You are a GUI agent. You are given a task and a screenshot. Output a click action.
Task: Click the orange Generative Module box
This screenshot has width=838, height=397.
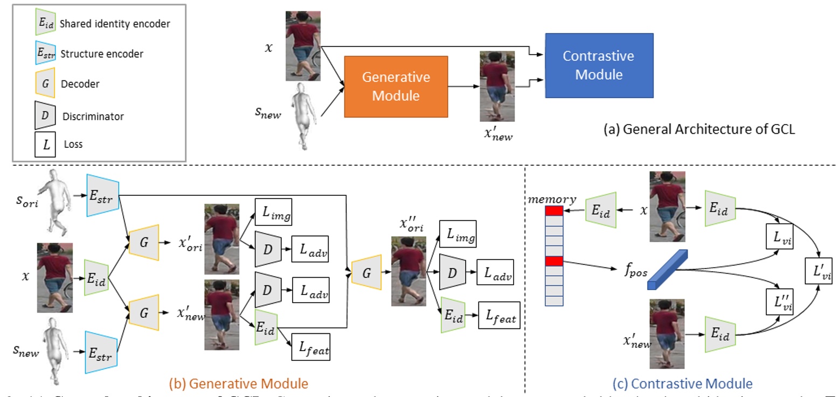pyautogui.click(x=396, y=86)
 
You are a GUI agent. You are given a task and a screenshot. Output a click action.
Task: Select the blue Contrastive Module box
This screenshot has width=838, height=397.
pyautogui.click(x=599, y=65)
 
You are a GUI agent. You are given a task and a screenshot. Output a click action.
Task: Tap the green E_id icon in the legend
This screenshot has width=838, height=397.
pyautogui.click(x=44, y=24)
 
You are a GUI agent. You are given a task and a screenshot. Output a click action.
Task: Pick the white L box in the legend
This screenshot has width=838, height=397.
pyautogui.click(x=45, y=144)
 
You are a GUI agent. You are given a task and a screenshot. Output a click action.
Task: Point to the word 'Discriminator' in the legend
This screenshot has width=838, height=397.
pyautogui.click(x=93, y=116)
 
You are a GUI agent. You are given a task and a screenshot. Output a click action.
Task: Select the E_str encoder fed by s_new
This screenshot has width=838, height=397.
pyautogui.click(x=101, y=351)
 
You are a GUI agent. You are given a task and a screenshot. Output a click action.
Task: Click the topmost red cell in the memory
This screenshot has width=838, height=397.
pyautogui.click(x=554, y=211)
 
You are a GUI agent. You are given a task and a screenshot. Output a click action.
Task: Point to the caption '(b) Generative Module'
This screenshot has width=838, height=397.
pyautogui.click(x=238, y=384)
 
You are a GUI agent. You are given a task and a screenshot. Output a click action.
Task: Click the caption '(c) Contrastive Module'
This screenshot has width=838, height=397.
pyautogui.click(x=682, y=384)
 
